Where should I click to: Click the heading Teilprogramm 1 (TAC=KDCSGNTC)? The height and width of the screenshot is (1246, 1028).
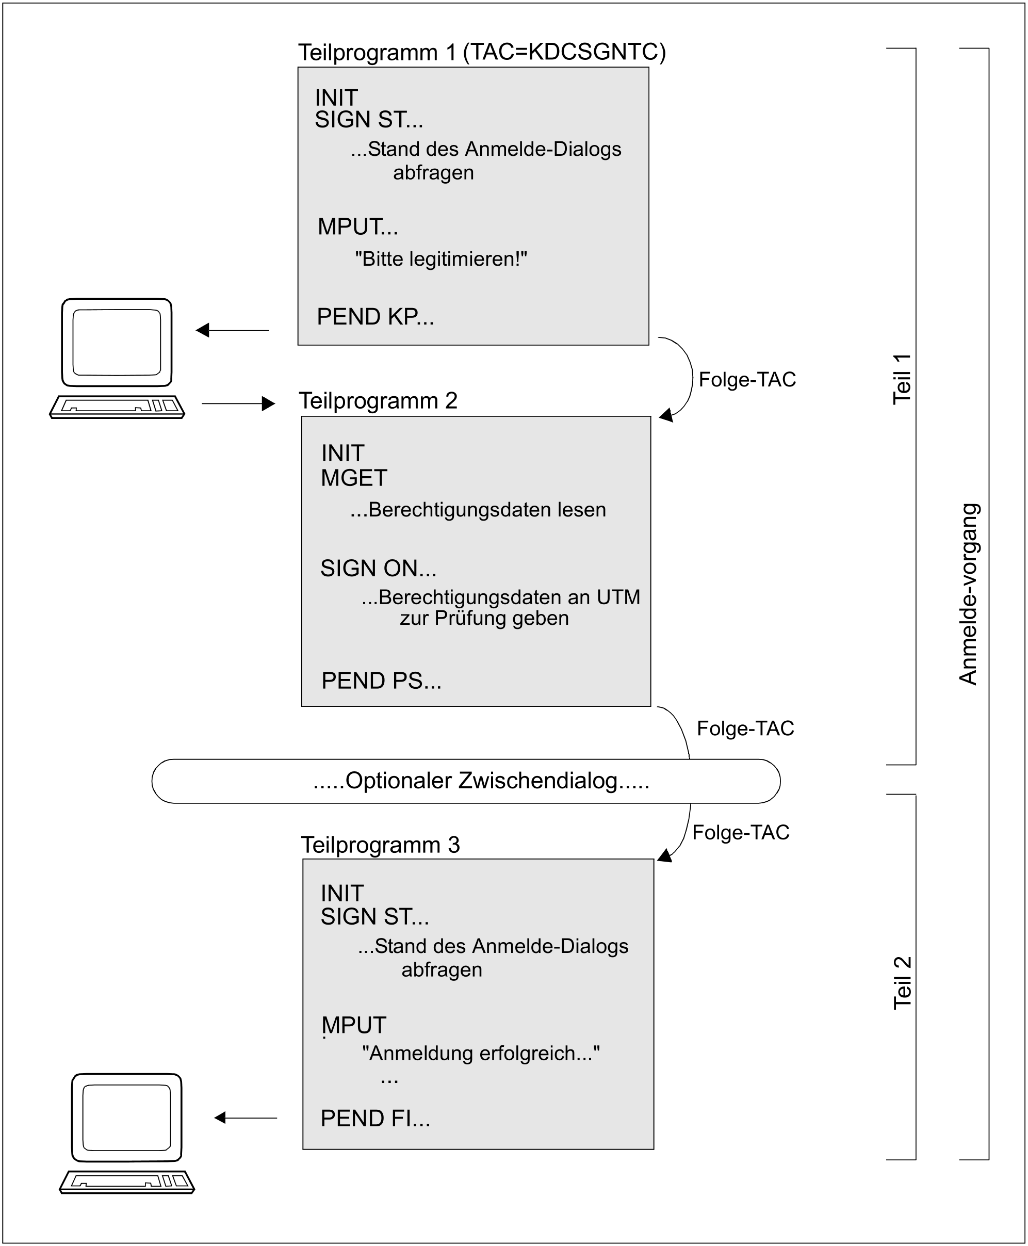coord(481,52)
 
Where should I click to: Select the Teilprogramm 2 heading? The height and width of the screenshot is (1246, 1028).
coord(378,401)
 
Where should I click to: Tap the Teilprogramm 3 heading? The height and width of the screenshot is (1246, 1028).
coord(380,845)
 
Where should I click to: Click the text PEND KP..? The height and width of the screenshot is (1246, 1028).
coord(375,317)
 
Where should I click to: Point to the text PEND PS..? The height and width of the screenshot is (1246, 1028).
coord(381,681)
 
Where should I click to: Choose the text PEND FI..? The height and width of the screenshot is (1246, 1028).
coord(375,1118)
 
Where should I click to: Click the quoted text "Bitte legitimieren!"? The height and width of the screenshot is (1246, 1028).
coord(440,259)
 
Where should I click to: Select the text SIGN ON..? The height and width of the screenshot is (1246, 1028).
coord(378,569)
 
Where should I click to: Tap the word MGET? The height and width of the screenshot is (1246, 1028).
coord(353,478)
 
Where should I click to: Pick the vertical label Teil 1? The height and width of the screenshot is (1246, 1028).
coord(901,379)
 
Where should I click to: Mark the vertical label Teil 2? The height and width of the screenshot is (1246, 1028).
coord(901,983)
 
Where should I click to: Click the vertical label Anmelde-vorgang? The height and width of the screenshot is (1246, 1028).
coord(968,594)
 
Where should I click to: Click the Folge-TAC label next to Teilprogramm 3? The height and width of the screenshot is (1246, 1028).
coord(740,832)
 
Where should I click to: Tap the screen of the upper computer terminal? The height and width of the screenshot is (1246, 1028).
coord(117,342)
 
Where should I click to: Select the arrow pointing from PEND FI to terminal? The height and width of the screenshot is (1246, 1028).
coord(245,1118)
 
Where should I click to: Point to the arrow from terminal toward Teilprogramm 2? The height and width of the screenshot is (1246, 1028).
coord(238,403)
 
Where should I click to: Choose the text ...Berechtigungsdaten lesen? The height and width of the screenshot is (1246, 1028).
coord(478,510)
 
